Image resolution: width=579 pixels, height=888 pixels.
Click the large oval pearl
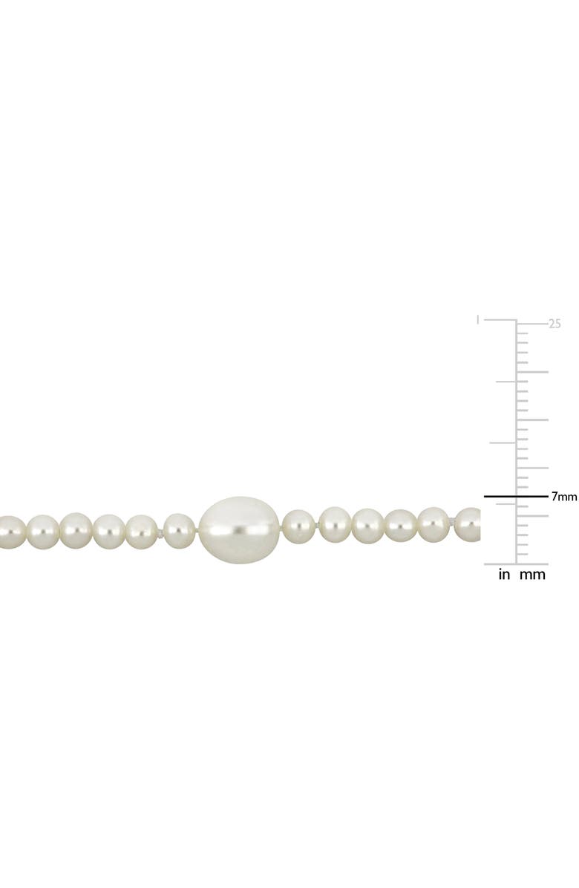coord(239,527)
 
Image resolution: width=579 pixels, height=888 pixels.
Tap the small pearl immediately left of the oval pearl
coord(179,530)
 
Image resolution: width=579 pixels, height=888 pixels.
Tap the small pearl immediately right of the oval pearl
coord(298,526)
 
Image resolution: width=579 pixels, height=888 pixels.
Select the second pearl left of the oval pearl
coord(141,532)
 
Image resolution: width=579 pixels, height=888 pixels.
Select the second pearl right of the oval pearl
coord(335,525)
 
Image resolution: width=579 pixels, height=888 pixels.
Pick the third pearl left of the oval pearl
coord(109,532)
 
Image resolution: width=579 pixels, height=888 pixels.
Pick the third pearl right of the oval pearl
coord(367,526)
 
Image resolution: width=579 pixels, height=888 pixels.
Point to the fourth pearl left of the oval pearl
coord(76,531)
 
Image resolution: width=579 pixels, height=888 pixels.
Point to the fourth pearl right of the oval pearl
coord(400,526)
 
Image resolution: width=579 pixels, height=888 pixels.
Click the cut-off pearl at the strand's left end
coord(10,532)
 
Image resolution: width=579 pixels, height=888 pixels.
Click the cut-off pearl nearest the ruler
coord(468,524)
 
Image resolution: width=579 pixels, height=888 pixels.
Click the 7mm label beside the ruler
coord(564,497)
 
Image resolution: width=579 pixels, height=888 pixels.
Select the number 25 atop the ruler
coord(555,324)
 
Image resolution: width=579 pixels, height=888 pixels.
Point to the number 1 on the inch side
coord(478,320)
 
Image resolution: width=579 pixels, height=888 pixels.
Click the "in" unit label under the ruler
coord(504,574)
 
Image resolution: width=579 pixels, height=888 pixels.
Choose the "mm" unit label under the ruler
coord(532,574)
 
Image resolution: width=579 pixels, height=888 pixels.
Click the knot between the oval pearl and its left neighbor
coord(197,530)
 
